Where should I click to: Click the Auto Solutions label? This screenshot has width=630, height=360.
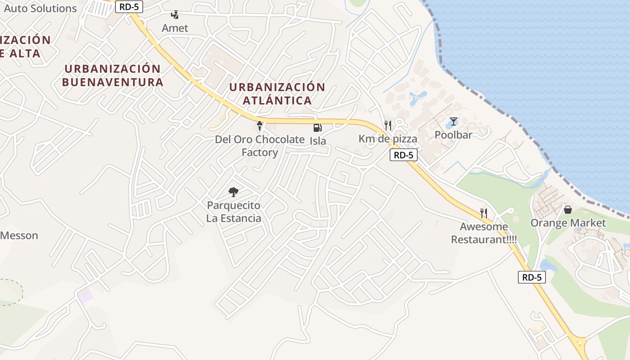point(40,8)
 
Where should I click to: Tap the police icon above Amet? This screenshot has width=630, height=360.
point(175,15)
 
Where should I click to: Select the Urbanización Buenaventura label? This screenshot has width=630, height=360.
point(112,76)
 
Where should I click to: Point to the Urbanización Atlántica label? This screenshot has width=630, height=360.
point(277,94)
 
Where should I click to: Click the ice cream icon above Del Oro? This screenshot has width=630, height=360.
point(259,126)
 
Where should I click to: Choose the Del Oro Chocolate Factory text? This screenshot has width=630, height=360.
point(260,146)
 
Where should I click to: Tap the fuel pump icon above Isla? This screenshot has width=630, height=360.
point(317,127)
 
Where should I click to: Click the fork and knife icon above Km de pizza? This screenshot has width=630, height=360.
point(388,126)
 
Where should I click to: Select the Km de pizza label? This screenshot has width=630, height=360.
point(388,139)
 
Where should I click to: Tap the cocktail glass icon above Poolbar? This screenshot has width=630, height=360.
point(454,121)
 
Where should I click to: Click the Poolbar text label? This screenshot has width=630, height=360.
point(454,135)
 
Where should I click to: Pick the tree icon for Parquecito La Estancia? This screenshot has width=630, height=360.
point(233,192)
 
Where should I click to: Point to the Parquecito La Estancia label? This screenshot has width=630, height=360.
point(234,212)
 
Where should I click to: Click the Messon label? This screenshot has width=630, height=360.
point(19,235)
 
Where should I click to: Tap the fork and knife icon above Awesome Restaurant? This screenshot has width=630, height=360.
point(484,212)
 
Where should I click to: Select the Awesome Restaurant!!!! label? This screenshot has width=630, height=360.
point(484,233)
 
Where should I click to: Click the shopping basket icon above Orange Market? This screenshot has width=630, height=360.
point(568,210)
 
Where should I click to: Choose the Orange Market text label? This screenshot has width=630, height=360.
point(568,223)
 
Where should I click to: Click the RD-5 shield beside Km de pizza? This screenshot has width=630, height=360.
point(403,155)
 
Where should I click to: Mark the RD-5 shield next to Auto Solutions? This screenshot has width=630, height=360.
point(129,7)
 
